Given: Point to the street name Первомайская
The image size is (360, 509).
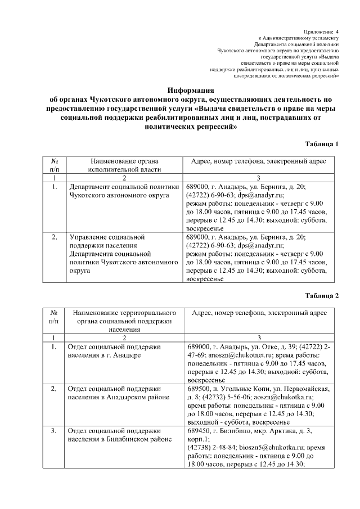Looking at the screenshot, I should (306, 388).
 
